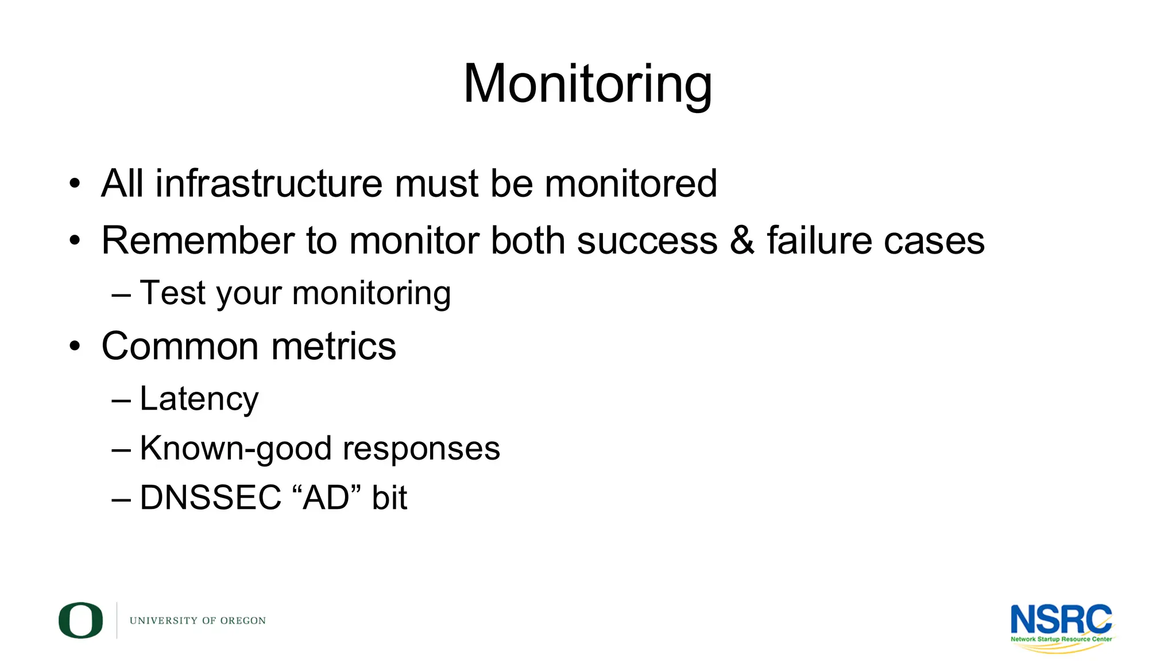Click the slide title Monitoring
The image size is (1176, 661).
[587, 84]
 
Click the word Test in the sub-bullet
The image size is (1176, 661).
[172, 293]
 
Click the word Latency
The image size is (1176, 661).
[199, 399]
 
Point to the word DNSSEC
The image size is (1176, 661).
[210, 497]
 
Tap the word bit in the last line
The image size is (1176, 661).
[389, 497]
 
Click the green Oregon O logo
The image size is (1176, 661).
[80, 620]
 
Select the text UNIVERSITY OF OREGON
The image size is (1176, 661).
[198, 621]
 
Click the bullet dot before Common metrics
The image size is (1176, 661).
[75, 347]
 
